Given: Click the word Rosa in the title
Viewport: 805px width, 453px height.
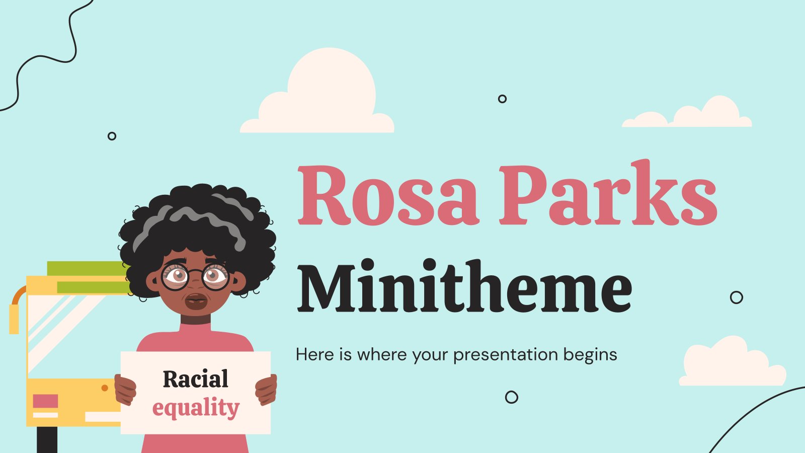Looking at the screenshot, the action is [x=388, y=195].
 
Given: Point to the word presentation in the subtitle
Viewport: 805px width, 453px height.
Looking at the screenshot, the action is [x=505, y=355].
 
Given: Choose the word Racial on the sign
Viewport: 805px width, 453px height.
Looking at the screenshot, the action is [x=196, y=379].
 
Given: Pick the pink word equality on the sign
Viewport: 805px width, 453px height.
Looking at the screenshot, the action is [x=196, y=408].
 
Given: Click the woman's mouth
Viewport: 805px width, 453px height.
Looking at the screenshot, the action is [x=196, y=301].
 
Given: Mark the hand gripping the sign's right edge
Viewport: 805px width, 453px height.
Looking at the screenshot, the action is [x=266, y=390].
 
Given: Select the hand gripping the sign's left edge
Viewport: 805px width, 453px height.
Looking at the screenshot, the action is [x=125, y=390].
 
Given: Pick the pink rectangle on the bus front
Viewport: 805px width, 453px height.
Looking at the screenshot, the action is [x=45, y=401].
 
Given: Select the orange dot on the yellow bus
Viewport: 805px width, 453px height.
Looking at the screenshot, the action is [x=105, y=388].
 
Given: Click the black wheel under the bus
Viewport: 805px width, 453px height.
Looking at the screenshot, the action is [x=47, y=440].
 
